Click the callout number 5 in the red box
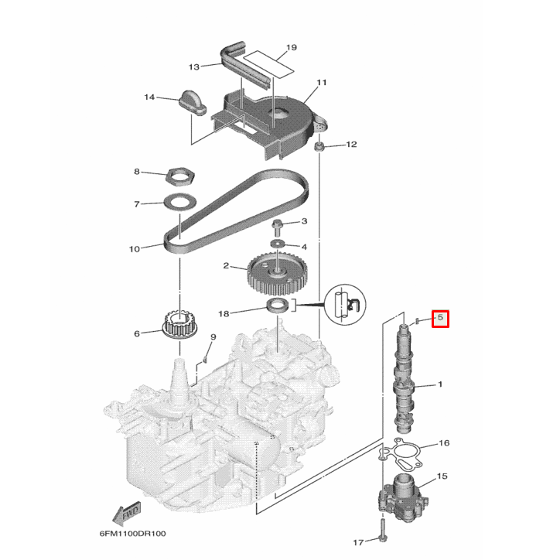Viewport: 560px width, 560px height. (x=440, y=317)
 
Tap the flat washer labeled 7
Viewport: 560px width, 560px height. (x=179, y=204)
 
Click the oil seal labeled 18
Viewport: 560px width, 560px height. (x=278, y=303)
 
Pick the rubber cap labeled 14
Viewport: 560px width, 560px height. (x=190, y=101)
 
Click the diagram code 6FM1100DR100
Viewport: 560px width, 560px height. (x=132, y=534)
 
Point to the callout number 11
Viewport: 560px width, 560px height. (x=322, y=83)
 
